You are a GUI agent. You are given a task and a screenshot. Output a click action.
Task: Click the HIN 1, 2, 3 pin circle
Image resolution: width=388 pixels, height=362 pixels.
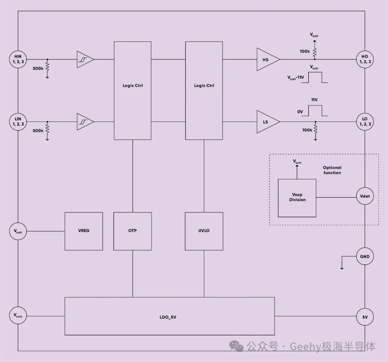point(18,59)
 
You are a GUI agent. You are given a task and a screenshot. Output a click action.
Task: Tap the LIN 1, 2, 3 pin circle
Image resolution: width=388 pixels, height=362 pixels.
point(18,122)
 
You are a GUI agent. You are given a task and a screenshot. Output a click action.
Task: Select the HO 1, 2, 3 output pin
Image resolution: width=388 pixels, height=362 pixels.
point(365,59)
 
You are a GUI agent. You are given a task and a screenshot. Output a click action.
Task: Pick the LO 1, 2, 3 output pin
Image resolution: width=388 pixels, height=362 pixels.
point(365,122)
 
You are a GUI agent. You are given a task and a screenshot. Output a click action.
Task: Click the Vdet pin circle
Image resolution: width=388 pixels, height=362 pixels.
point(365,196)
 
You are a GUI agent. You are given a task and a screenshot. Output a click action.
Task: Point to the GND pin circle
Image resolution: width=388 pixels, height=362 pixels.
point(365,257)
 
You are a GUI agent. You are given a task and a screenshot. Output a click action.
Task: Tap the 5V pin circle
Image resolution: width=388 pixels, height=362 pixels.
point(365,317)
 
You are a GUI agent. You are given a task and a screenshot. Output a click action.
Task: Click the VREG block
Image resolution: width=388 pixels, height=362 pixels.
point(84,231)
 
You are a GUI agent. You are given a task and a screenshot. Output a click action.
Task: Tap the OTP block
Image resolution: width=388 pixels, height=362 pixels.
point(133,231)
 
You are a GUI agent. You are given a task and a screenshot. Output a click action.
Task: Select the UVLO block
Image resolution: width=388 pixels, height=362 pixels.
point(204,231)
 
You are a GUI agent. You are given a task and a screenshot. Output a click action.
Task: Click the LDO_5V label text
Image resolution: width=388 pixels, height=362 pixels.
point(168,317)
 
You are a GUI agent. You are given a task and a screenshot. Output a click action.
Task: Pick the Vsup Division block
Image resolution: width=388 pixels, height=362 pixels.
point(297,198)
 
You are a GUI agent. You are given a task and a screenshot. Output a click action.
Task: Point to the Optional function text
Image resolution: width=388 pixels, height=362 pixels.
point(332,170)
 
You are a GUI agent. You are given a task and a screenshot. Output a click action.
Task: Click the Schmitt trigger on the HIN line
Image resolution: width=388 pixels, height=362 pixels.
point(86,59)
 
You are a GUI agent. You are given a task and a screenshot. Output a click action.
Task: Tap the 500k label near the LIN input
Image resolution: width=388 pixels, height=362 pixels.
point(38,131)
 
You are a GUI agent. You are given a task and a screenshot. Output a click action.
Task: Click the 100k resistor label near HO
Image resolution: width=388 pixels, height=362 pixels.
point(305,51)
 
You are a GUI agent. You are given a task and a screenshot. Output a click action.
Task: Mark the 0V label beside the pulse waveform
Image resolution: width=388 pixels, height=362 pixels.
point(300,112)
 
